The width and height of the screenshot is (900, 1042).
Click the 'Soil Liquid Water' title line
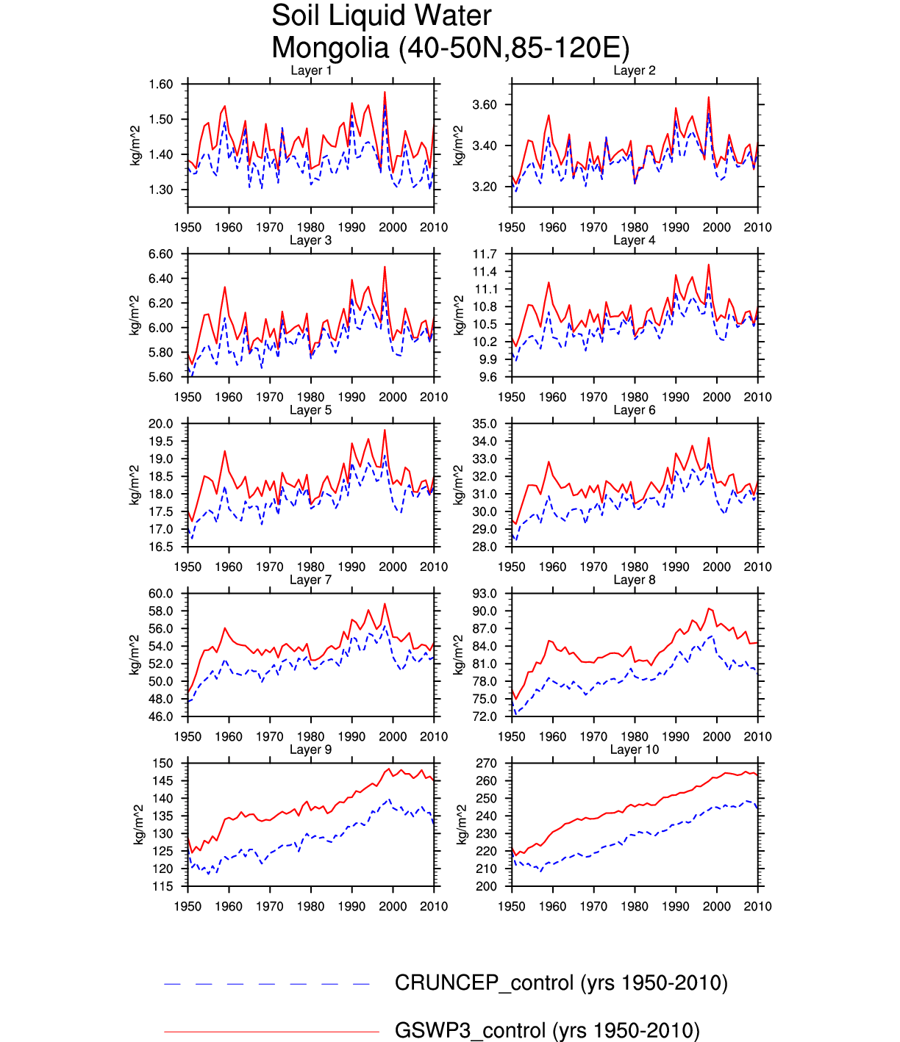coord(381,15)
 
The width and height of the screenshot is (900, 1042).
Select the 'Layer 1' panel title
coord(311,71)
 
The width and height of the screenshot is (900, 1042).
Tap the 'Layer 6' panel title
coord(635,410)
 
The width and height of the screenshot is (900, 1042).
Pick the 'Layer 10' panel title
coord(635,750)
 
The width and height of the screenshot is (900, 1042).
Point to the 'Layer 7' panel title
coord(311,580)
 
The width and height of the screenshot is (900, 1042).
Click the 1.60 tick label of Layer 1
coord(161,85)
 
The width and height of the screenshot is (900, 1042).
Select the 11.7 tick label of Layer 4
coord(485,254)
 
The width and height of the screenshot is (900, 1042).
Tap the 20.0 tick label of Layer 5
coord(161,424)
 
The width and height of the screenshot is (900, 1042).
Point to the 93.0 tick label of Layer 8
coord(485,594)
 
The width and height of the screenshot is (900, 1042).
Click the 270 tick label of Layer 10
coord(487,763)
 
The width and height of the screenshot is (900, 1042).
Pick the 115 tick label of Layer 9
coord(163,886)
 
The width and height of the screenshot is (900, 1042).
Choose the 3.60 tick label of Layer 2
coord(485,105)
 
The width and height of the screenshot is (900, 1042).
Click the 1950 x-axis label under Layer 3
coord(188,397)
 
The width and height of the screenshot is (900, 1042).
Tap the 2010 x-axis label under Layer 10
coord(757,906)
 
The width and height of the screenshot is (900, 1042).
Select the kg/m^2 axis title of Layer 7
coord(135,655)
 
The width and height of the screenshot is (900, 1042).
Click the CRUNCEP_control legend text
coord(561,983)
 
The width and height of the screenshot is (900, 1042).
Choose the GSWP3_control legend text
coord(547,1030)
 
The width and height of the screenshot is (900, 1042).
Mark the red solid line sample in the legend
coord(271,1032)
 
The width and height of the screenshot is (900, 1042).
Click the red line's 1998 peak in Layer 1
coord(385,93)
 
